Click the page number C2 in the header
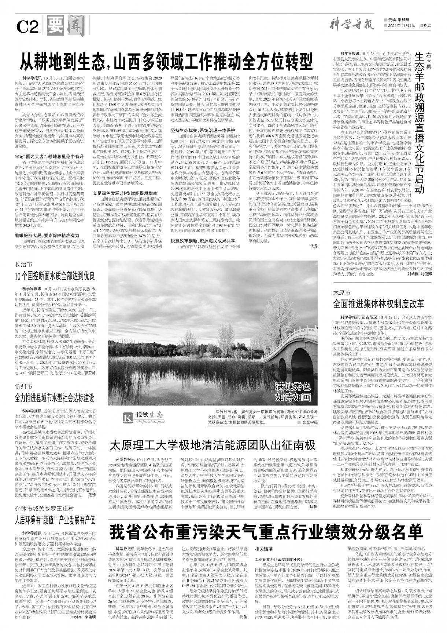27,26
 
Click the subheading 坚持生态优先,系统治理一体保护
203,130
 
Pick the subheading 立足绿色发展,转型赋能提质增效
125,192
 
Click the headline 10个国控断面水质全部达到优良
55,276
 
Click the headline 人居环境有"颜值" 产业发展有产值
55,520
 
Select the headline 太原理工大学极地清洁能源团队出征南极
213,445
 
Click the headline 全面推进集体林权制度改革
378,304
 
